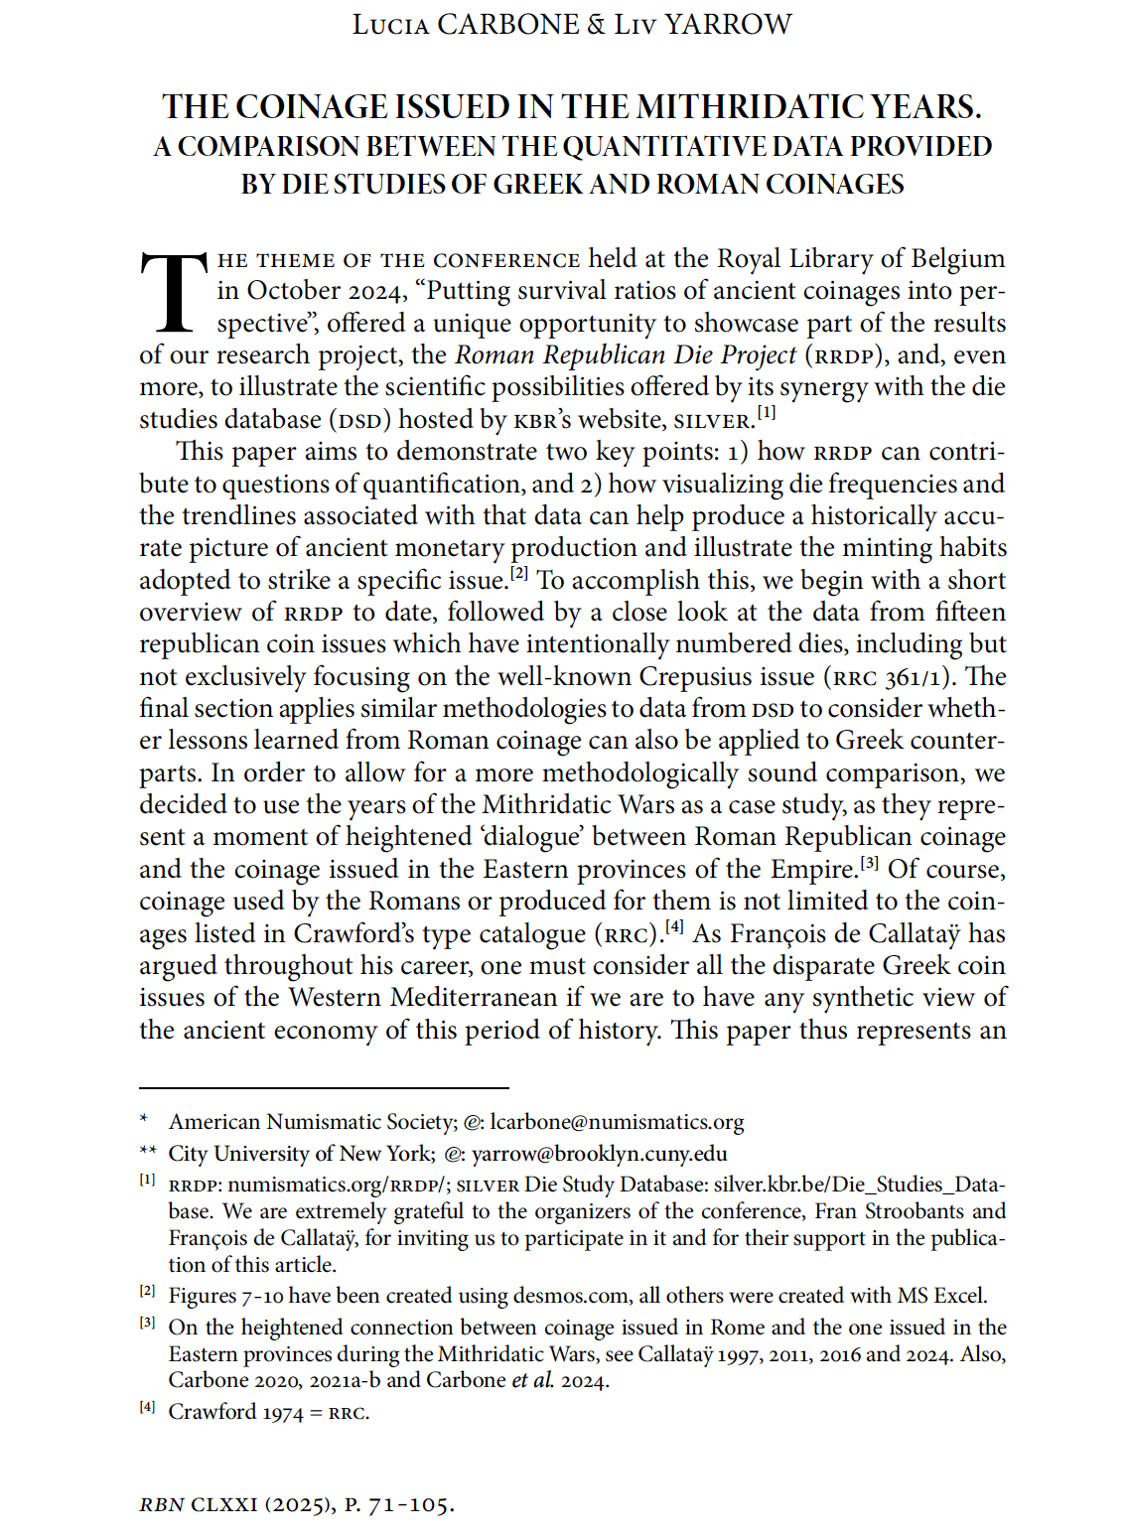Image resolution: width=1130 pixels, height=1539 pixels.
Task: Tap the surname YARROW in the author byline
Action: tap(728, 25)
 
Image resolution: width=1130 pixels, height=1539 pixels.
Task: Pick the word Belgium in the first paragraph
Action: tap(957, 259)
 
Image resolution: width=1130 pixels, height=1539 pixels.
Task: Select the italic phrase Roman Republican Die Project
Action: tap(626, 355)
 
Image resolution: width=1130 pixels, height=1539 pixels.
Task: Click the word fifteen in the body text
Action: tap(970, 613)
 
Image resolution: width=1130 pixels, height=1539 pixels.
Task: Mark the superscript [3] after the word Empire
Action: tap(870, 863)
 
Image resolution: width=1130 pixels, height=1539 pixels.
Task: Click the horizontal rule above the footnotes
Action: tap(324, 1088)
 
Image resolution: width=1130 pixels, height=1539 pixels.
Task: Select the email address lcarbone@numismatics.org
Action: tap(617, 1122)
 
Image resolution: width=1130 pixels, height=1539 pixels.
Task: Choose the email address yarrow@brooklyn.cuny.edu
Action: tap(599, 1154)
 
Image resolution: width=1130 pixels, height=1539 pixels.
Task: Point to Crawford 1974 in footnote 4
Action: tap(235, 1413)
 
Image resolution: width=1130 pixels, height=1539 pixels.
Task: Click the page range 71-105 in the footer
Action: tap(410, 1505)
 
